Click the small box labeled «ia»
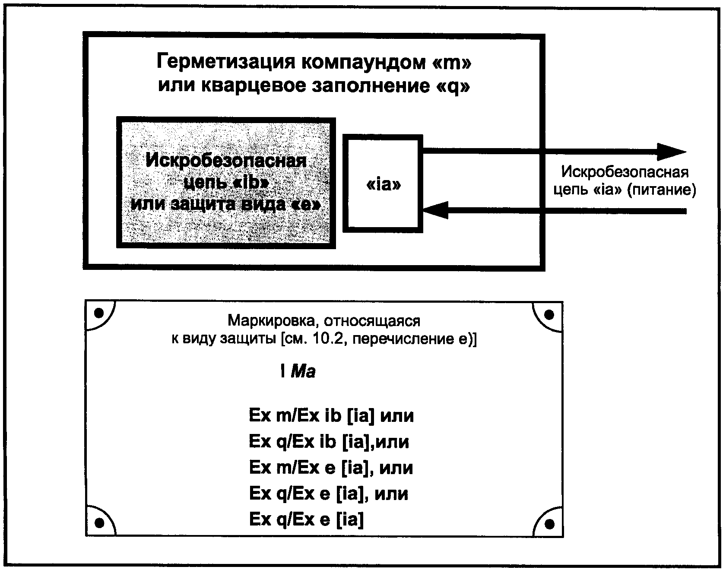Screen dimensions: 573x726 (x=383, y=184)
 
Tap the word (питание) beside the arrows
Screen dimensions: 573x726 (x=661, y=190)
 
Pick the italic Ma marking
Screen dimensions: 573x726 (x=303, y=371)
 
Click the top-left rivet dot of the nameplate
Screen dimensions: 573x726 (x=99, y=313)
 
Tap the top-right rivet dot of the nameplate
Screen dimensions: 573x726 (x=549, y=314)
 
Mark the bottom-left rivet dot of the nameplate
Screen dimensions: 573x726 (x=99, y=523)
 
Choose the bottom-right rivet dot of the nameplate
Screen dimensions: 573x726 (x=549, y=524)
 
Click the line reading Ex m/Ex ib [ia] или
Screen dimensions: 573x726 (x=331, y=416)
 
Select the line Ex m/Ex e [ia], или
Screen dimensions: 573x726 (x=331, y=468)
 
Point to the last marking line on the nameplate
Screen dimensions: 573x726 (x=306, y=519)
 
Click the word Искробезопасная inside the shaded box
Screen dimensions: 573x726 (x=226, y=161)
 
